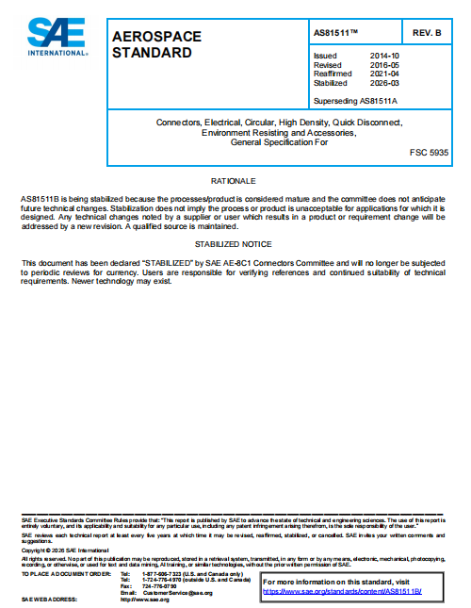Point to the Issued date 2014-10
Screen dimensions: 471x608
coord(383,57)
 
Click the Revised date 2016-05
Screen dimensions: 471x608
coord(383,65)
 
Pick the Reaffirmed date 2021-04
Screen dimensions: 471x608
coord(383,74)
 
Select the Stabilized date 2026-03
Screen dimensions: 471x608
coord(383,83)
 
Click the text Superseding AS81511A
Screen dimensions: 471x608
coord(356,99)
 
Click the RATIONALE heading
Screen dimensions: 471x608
coord(234,180)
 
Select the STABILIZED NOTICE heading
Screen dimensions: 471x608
coord(234,244)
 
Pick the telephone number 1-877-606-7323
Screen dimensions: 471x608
coord(162,573)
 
